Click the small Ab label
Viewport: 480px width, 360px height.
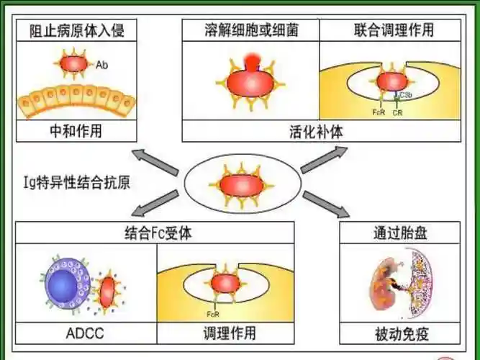point(101,64)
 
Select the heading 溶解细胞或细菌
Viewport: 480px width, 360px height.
point(250,30)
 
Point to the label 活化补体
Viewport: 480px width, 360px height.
point(320,131)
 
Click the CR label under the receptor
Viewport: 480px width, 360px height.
point(398,112)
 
